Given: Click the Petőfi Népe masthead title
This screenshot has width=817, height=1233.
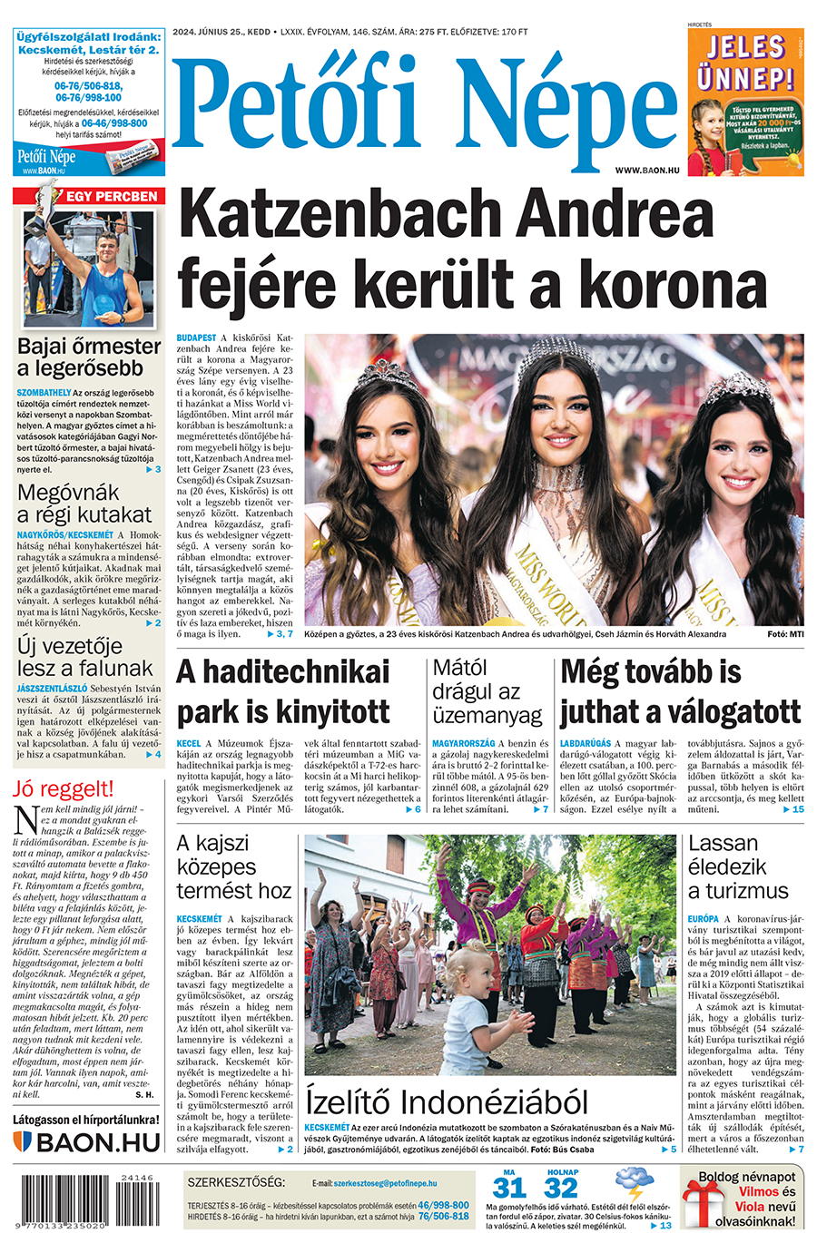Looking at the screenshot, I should pos(423,107).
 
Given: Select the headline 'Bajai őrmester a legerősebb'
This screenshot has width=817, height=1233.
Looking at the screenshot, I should pos(89,357).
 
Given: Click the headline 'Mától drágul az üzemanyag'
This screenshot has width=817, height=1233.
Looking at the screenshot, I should pos(487,691).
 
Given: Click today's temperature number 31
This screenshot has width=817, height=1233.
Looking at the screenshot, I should pos(509,1188).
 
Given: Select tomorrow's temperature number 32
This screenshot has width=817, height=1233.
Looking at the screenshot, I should pos(562,1188).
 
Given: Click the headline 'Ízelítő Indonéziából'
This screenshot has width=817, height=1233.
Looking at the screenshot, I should pos(447,1102).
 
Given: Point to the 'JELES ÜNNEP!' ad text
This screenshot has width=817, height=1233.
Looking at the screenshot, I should pos(745,62).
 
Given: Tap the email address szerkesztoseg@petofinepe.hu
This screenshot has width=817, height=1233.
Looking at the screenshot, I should pos(385,1184).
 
